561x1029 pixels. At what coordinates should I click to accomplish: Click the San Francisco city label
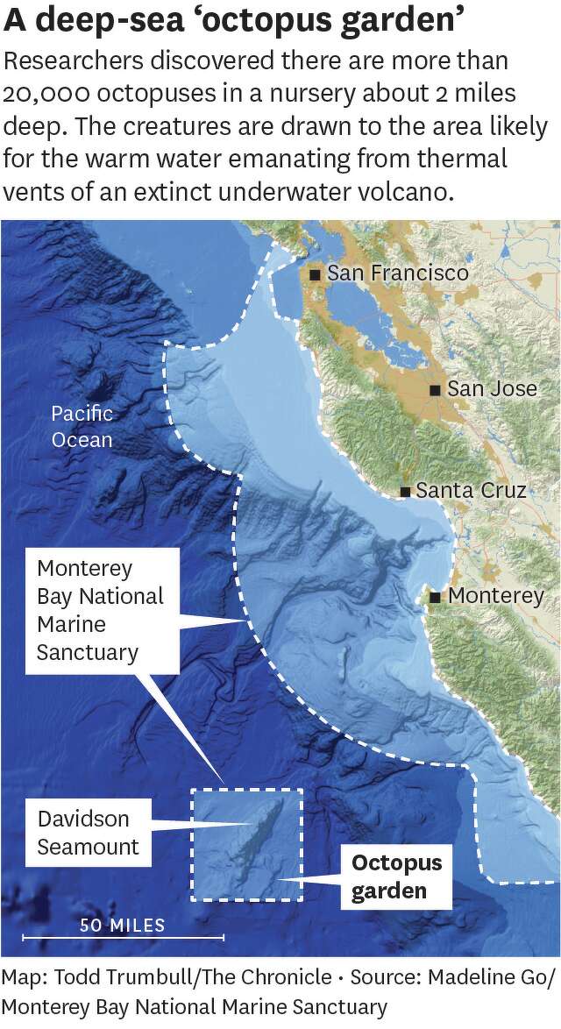(397, 273)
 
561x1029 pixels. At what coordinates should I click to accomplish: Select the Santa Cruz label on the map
(471, 490)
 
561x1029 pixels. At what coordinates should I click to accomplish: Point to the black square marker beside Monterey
(436, 597)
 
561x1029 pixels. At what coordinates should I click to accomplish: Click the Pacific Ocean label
(82, 426)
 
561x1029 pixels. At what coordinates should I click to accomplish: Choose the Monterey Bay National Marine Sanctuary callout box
(101, 611)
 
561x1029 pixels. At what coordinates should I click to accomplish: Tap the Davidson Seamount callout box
(89, 833)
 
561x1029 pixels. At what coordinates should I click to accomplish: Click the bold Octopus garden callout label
(396, 877)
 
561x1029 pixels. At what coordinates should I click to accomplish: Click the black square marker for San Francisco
(315, 274)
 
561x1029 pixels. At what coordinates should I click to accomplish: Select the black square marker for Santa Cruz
(404, 491)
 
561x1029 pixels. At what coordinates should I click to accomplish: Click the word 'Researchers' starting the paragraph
(73, 62)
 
